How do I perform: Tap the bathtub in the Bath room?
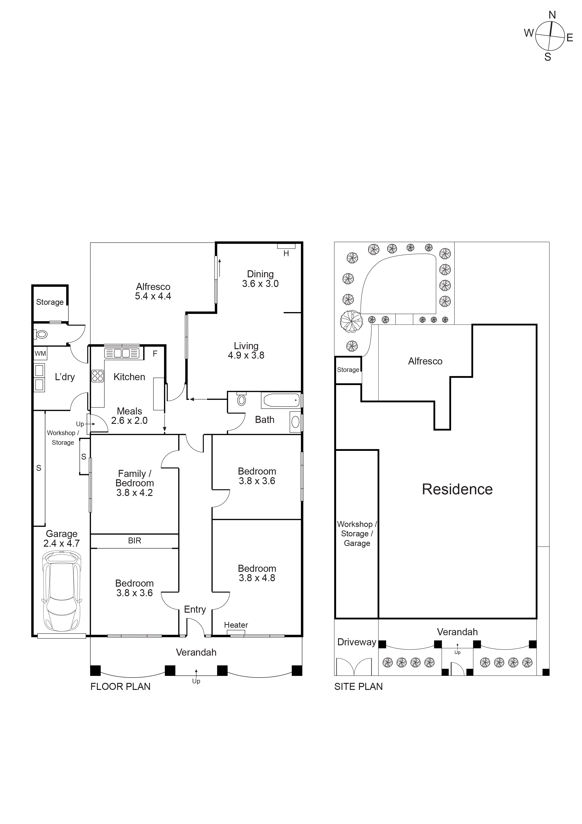point(281,400)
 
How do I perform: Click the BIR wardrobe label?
point(134,541)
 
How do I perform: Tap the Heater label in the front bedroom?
point(236,625)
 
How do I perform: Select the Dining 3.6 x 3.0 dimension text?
point(260,283)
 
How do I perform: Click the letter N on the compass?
point(552,15)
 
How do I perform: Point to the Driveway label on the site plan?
point(356,642)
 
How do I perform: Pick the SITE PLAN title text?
point(358,687)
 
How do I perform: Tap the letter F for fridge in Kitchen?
point(155,353)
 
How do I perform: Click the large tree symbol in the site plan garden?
point(351,321)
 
